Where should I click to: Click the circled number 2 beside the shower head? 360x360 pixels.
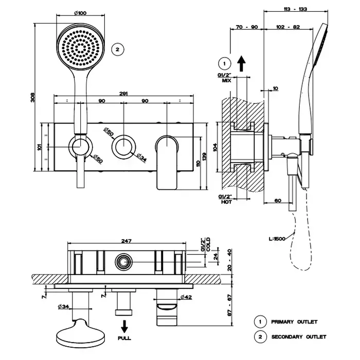[x=117, y=49]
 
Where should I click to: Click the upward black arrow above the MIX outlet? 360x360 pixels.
[x=242, y=64]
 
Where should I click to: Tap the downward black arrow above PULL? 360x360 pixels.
[x=124, y=326]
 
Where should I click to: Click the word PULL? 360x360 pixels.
[x=124, y=338]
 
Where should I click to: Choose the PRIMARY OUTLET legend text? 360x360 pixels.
[x=294, y=322]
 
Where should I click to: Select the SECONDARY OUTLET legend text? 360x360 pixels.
[x=298, y=337]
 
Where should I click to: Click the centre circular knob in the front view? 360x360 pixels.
[x=124, y=147]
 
